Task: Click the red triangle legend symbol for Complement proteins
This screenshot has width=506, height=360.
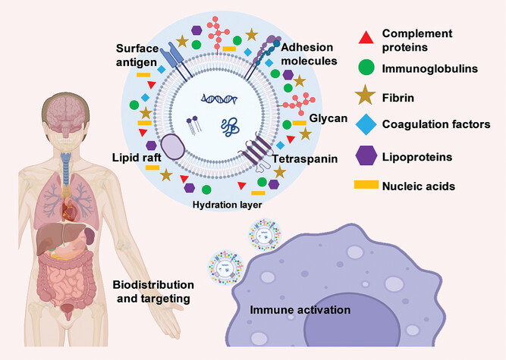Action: [366, 37]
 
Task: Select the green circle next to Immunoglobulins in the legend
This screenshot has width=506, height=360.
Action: [366, 68]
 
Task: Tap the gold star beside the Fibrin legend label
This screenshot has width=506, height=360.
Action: [366, 96]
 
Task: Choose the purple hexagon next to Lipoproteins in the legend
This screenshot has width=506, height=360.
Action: [366, 155]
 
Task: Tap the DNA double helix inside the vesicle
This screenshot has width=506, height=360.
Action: [215, 99]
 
